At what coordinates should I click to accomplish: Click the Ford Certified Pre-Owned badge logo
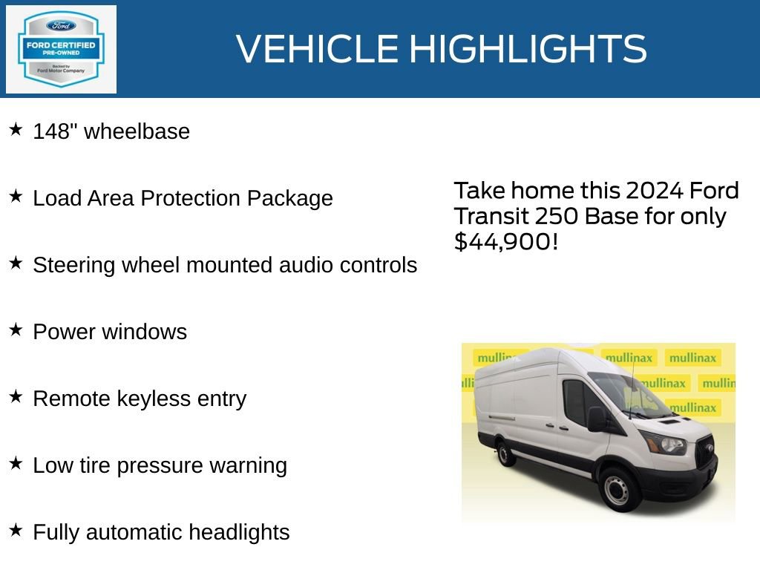tap(61, 49)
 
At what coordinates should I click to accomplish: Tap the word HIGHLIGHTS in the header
tap(528, 49)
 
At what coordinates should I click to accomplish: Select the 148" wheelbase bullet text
tap(111, 131)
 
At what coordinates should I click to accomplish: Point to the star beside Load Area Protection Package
tap(16, 197)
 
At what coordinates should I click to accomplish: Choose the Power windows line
tap(110, 332)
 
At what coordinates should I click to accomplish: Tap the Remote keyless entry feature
tap(140, 399)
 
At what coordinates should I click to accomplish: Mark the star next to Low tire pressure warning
tap(16, 464)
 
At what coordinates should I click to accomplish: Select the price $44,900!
tap(505, 240)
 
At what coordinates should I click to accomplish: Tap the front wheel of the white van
tap(617, 489)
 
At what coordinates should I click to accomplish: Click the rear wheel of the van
tap(506, 452)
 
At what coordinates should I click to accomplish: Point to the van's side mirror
tap(596, 419)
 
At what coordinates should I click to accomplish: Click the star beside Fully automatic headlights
tap(16, 531)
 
